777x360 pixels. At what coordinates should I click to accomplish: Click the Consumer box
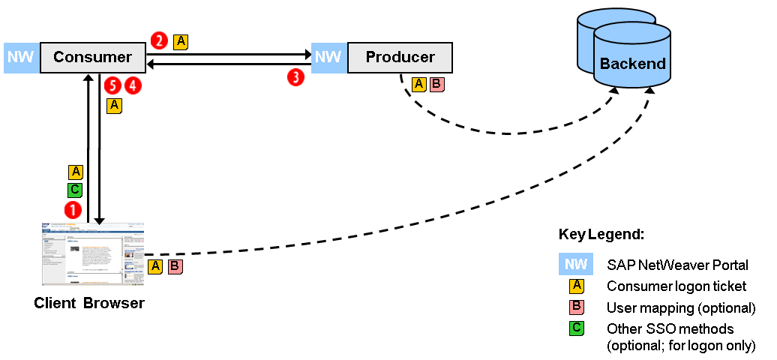93,58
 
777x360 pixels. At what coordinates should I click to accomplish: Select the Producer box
400,58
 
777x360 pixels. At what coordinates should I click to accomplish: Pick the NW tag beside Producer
327,58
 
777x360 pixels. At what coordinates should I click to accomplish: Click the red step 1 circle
73,208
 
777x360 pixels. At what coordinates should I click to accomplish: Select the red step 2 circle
159,40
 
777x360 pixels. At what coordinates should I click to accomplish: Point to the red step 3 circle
296,76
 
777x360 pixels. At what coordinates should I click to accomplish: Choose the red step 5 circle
113,85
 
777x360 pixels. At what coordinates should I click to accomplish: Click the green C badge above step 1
75,190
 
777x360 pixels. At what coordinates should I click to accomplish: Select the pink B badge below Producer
436,84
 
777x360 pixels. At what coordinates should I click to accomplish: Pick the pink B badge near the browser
175,266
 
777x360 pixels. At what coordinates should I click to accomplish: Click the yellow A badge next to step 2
180,42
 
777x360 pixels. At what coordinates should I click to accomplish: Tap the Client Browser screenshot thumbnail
93,253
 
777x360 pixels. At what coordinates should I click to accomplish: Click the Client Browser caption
89,304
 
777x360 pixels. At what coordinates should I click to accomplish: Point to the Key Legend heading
601,234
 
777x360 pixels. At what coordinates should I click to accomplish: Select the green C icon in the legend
576,327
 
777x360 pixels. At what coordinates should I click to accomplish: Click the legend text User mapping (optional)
680,308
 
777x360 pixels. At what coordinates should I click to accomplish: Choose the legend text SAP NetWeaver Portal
677,265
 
